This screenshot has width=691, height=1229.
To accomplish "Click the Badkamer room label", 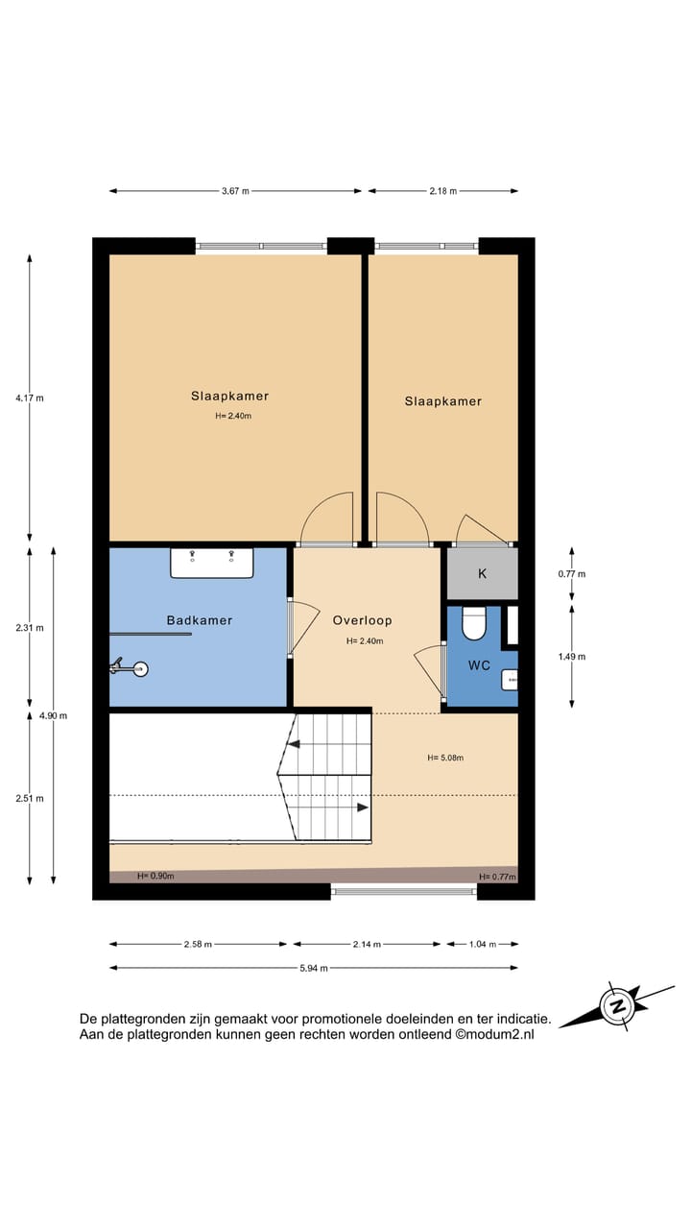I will [x=199, y=620].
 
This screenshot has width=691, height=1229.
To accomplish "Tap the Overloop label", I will [x=363, y=620].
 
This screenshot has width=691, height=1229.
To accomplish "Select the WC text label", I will [x=480, y=664].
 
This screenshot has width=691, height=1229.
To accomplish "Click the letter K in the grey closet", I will [x=482, y=573].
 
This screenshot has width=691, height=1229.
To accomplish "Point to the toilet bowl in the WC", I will [x=474, y=625].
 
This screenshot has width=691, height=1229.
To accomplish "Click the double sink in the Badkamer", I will [x=212, y=563].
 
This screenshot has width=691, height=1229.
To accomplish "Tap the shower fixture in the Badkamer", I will [x=131, y=666].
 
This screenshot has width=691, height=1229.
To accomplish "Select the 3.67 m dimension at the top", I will [x=235, y=191].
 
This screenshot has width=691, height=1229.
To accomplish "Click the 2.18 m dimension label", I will [x=442, y=191].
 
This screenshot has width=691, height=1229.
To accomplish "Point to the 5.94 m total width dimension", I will [x=313, y=968].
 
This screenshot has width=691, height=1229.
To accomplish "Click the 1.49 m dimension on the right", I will [x=571, y=657].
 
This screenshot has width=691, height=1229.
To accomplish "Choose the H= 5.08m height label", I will [x=445, y=758].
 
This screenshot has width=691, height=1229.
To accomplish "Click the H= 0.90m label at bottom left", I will [x=155, y=876].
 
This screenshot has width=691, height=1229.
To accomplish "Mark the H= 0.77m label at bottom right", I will [x=497, y=877].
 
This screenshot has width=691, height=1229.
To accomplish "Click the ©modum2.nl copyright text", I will [x=494, y=1034].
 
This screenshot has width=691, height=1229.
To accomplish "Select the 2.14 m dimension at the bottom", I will [x=366, y=945].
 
